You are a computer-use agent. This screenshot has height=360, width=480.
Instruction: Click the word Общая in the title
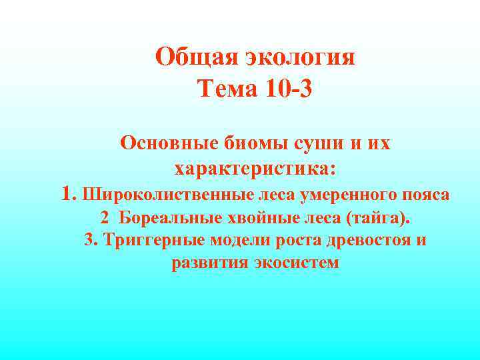(x=190, y=57)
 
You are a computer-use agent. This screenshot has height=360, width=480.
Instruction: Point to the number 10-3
(x=285, y=87)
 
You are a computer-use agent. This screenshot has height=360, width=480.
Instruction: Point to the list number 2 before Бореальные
(x=104, y=218)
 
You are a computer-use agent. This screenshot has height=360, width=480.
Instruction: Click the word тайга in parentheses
(x=378, y=218)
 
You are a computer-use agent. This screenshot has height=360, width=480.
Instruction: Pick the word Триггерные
(x=153, y=240)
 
